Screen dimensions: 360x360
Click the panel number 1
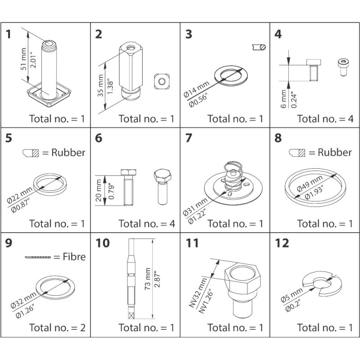coord(9,35)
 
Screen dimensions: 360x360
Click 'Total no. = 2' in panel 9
coord(57,328)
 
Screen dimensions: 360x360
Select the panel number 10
coord(103,243)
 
